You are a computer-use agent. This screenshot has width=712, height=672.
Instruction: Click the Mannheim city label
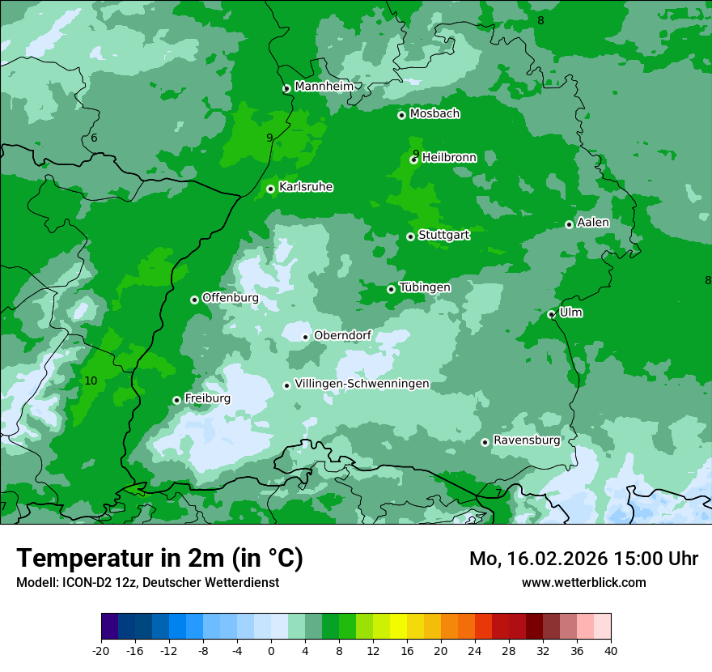click(x=323, y=87)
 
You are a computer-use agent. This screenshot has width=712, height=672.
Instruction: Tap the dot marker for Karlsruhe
click(x=270, y=189)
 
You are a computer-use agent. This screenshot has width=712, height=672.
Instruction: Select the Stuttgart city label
click(x=443, y=236)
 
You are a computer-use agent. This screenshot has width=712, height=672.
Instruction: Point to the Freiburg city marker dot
click(x=176, y=400)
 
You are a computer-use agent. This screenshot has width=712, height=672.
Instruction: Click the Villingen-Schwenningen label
click(x=362, y=384)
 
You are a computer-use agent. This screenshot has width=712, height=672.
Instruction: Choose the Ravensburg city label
click(x=526, y=440)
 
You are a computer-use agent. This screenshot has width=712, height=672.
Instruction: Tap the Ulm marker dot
click(x=551, y=314)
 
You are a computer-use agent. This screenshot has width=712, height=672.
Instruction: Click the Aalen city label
click(x=593, y=223)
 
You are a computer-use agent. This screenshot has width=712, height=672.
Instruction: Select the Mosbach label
click(x=434, y=114)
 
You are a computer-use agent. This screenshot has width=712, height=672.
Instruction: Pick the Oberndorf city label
click(x=342, y=335)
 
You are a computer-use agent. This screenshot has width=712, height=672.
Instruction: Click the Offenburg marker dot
click(x=194, y=300)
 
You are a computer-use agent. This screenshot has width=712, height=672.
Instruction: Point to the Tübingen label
click(x=424, y=287)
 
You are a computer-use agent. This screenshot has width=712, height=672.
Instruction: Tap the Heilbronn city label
click(x=449, y=158)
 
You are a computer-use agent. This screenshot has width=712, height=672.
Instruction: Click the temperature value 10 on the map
click(x=91, y=381)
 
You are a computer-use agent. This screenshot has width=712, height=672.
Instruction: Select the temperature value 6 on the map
click(x=94, y=138)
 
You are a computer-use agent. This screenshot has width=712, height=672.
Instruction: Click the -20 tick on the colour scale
click(x=101, y=650)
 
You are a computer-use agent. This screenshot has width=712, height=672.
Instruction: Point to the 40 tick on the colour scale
click(x=611, y=650)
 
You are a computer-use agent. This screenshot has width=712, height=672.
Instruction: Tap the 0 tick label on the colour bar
click(x=271, y=650)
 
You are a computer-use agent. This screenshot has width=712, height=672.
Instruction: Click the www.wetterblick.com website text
click(x=583, y=582)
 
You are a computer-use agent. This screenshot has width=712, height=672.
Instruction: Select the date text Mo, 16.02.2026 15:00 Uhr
click(x=583, y=559)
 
